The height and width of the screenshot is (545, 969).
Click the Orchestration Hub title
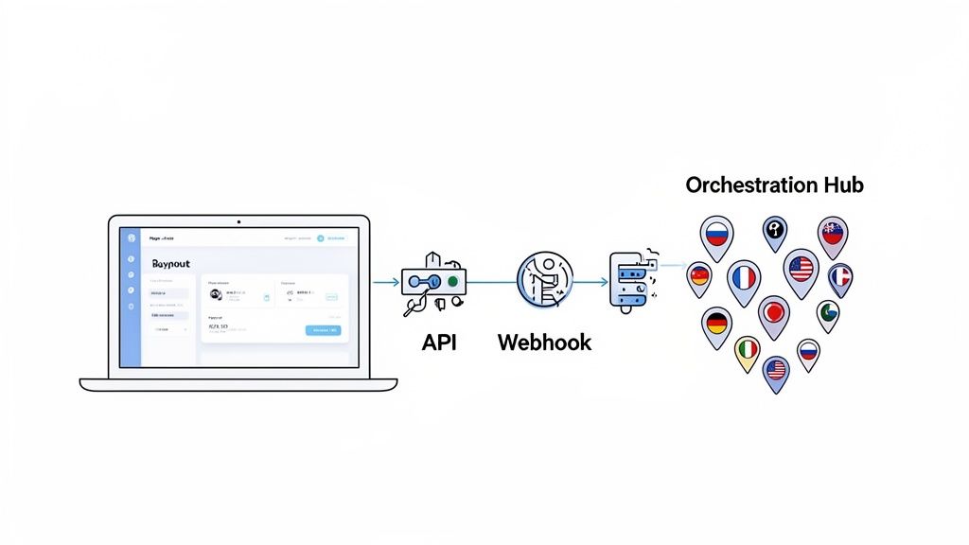774,185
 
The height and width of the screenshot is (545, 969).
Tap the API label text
439,342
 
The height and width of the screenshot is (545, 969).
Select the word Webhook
544,342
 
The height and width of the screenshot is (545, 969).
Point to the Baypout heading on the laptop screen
170,264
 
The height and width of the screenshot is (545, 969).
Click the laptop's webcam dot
238,222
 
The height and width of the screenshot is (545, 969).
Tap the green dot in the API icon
453,281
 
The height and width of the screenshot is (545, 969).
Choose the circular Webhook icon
544,280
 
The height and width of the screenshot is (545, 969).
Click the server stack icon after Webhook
628,281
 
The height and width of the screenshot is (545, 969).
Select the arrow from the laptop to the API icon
386,282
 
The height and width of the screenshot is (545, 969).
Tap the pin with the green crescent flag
828,311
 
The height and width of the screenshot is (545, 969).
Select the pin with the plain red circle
774,311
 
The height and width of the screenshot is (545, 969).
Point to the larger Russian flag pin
716,234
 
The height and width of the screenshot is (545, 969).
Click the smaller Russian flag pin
807,353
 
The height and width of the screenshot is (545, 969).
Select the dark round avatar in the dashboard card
216,293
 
